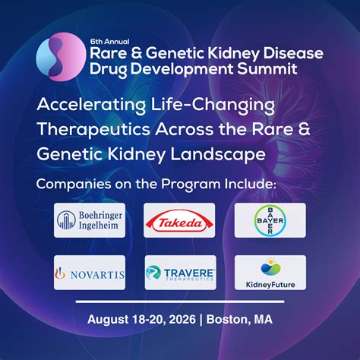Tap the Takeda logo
[x=179, y=220]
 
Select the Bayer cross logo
[x=270, y=220]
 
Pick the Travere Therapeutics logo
[x=179, y=273]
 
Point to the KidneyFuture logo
[x=270, y=273]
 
